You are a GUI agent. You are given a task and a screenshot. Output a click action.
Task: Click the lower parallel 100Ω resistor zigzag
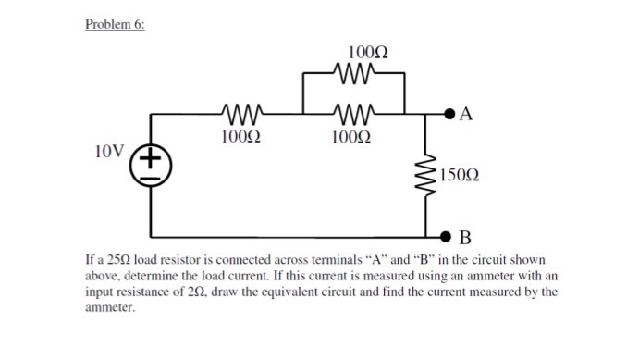(355, 115)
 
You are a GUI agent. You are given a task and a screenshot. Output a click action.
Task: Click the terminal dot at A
(450, 115)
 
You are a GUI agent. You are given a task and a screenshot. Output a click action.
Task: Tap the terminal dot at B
(450, 235)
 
